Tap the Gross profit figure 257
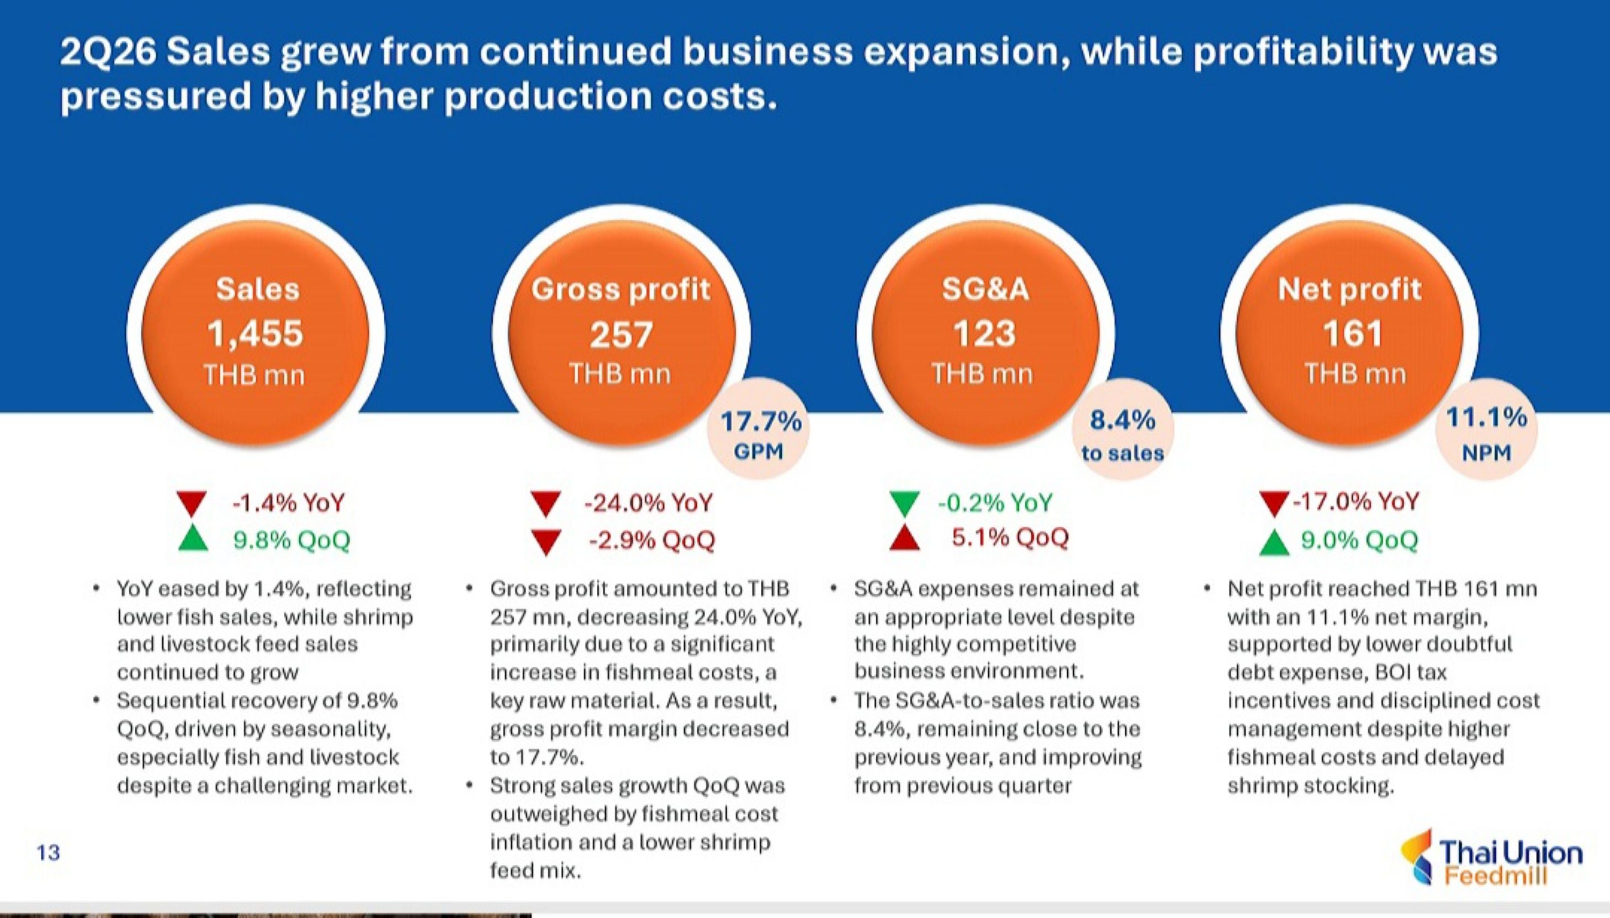621,334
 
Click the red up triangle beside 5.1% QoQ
904,538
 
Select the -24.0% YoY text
648,503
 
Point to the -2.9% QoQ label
652,540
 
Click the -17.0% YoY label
1356,502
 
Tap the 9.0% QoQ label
1360,540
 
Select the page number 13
48,852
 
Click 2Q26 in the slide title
108,52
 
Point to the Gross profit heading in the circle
621,289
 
